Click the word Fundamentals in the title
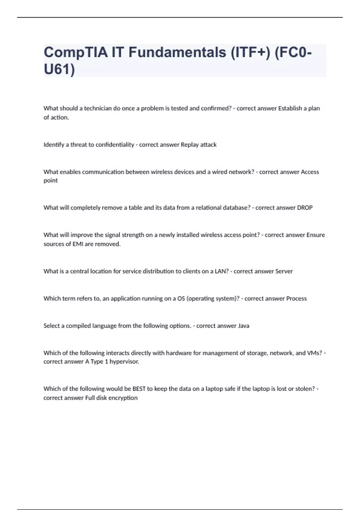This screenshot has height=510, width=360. [x=177, y=52]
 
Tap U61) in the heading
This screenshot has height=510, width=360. [x=59, y=70]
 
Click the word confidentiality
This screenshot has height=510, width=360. [x=115, y=145]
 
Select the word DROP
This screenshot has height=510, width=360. [x=305, y=208]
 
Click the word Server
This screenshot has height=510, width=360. [x=284, y=271]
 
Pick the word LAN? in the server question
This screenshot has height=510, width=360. [x=221, y=271]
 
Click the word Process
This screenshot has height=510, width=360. [x=296, y=298]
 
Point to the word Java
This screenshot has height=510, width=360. [x=244, y=326]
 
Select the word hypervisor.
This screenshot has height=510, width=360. [x=124, y=361]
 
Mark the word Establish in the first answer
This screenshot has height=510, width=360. [x=290, y=108]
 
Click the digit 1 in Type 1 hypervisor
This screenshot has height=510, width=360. [x=106, y=361]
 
